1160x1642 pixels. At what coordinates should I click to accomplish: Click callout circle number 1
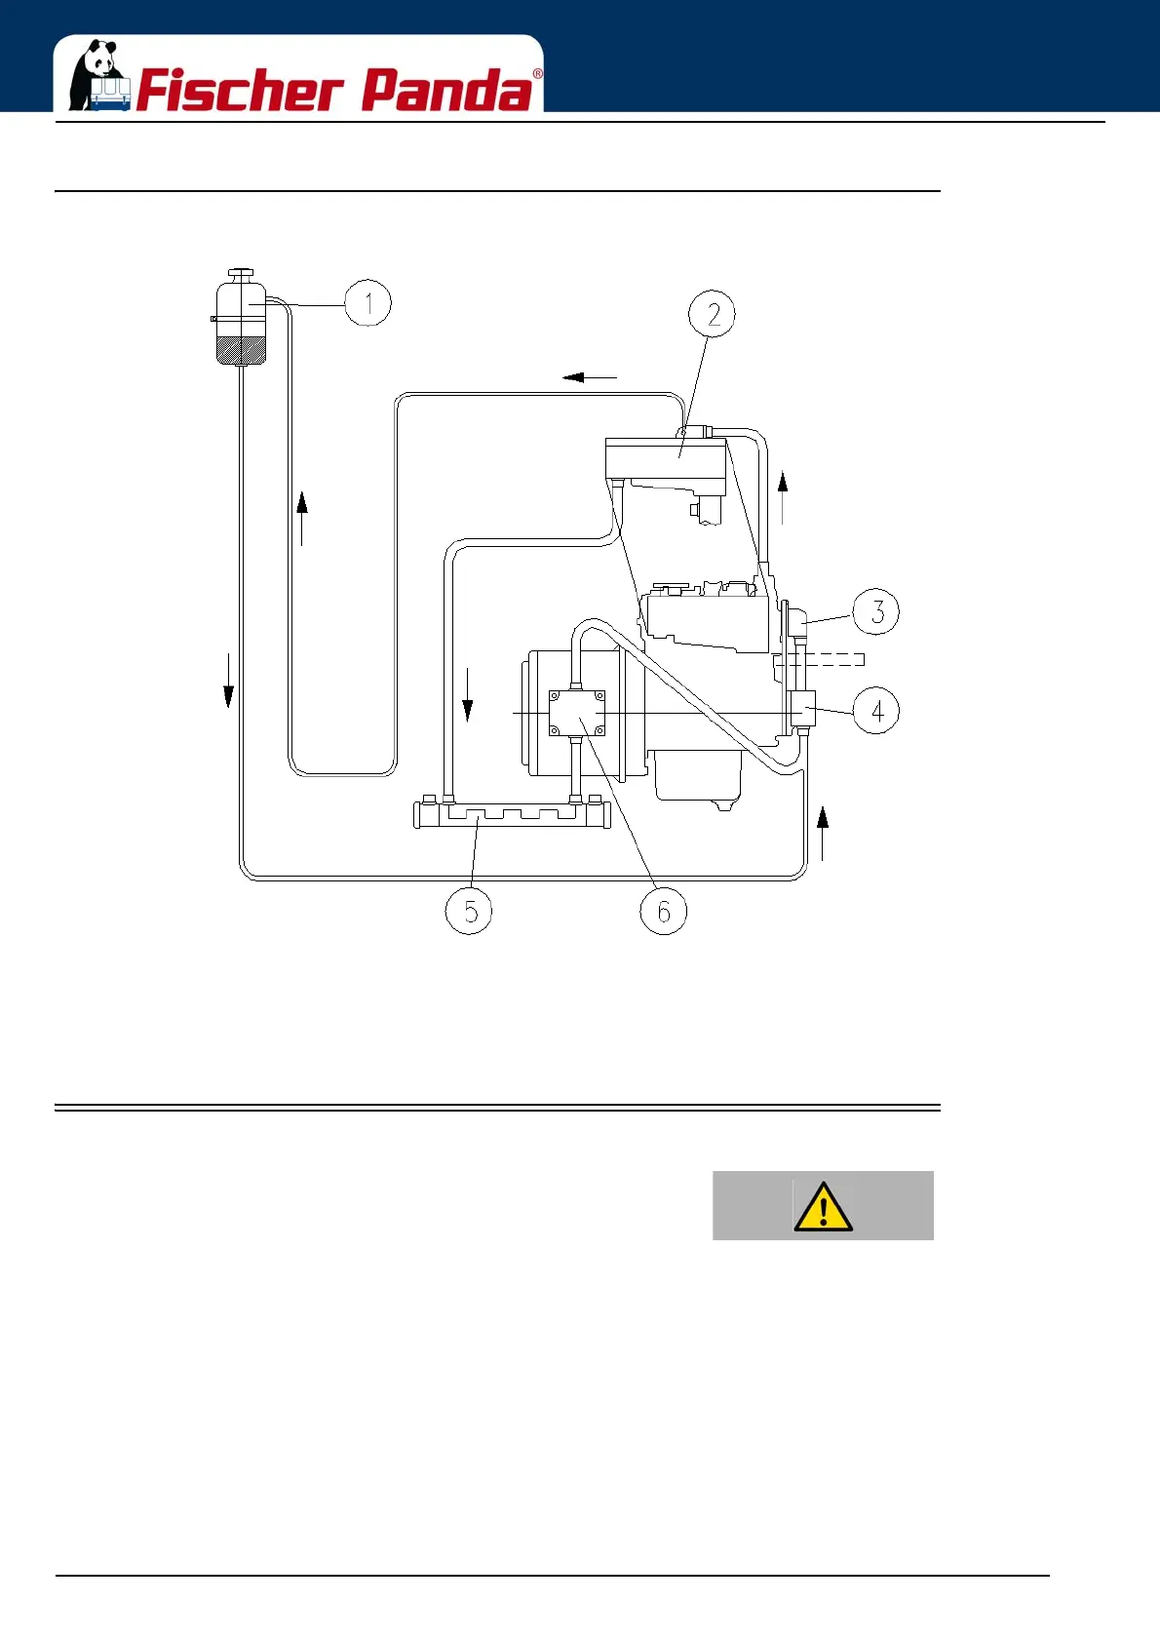(x=368, y=303)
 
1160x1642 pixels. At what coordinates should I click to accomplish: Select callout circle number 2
(x=713, y=314)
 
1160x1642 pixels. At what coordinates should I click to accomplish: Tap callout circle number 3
(x=876, y=611)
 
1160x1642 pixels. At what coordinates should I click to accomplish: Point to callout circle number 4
(x=876, y=710)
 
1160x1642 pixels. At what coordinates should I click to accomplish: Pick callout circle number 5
(x=469, y=911)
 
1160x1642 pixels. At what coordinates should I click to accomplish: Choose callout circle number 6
(x=664, y=911)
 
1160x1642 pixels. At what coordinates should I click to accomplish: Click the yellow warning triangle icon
(x=824, y=1207)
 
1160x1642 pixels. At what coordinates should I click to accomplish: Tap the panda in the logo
(x=98, y=75)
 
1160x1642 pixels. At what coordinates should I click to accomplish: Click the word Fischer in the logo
(x=240, y=91)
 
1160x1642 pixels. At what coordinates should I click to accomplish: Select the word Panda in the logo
(x=447, y=91)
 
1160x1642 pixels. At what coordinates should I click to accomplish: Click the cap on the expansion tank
(x=240, y=273)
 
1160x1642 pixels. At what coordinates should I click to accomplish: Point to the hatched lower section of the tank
(x=240, y=350)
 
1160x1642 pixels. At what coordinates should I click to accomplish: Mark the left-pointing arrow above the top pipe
(x=589, y=377)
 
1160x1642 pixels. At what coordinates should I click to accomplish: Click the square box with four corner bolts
(x=577, y=714)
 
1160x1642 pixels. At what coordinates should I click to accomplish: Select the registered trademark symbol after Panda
(x=537, y=74)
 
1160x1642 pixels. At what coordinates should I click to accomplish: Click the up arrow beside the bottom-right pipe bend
(x=823, y=833)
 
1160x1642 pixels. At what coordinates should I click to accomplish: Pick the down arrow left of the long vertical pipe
(x=228, y=681)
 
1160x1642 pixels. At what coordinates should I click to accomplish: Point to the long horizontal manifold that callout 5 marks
(x=512, y=812)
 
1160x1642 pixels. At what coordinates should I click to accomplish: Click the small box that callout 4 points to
(x=803, y=707)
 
